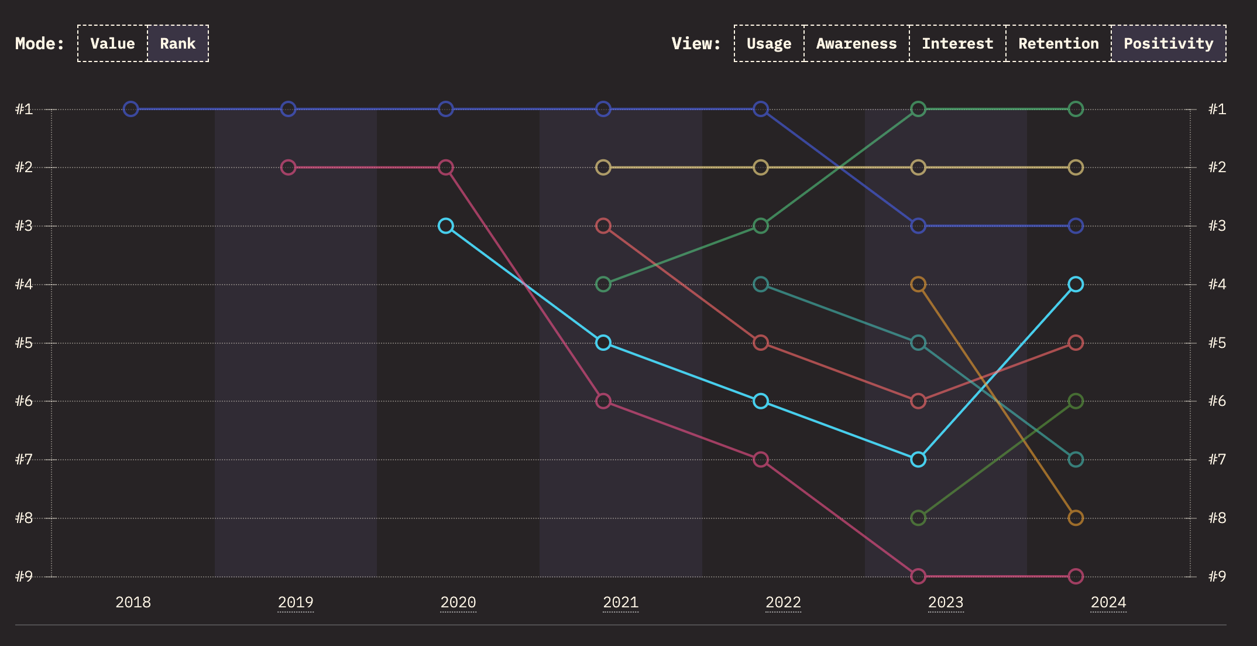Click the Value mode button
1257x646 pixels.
pos(112,43)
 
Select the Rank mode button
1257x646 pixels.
pos(178,43)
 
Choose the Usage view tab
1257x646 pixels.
pos(769,43)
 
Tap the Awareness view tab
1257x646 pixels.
pos(856,43)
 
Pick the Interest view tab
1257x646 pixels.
pos(957,43)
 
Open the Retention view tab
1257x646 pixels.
pos(1059,43)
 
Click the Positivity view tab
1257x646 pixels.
pos(1169,43)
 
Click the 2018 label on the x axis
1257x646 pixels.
pos(133,602)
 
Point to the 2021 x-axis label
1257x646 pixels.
pos(620,602)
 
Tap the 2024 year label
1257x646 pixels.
pos(1108,602)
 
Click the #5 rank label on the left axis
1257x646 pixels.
pos(24,343)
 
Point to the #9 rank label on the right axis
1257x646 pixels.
pos(1217,576)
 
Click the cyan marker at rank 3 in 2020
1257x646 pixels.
pos(446,225)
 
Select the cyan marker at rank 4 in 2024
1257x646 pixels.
pos(1076,284)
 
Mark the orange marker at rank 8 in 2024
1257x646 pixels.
pos(1076,518)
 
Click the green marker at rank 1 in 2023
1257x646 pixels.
pos(918,109)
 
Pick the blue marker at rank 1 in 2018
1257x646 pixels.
pos(131,109)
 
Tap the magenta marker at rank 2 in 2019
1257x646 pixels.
pos(288,168)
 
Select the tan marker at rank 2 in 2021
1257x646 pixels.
pos(603,168)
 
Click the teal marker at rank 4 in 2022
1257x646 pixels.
pos(761,284)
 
